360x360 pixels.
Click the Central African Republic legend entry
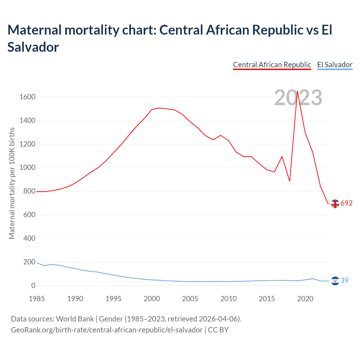pos(272,65)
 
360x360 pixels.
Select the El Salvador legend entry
pos(335,65)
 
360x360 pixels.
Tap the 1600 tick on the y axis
pos(27,97)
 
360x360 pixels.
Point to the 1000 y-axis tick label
pos(27,168)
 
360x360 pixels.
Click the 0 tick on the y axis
pos(33,286)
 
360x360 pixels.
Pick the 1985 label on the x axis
pos(37,299)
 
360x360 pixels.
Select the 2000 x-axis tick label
pos(152,299)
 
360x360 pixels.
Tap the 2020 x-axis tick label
pos(305,299)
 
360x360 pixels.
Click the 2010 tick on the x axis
pos(228,299)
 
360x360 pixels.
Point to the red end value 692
pos(346,203)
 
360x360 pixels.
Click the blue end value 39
pos(345,281)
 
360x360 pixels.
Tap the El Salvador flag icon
pos(335,281)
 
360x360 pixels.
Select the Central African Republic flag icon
pos(335,204)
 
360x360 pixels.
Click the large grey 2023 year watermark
pos(298,98)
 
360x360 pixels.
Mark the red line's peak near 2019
pos(297,91)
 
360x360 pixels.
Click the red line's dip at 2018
pos(290,181)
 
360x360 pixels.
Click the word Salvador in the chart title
pos(33,47)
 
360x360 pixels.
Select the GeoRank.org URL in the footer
pos(107,330)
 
